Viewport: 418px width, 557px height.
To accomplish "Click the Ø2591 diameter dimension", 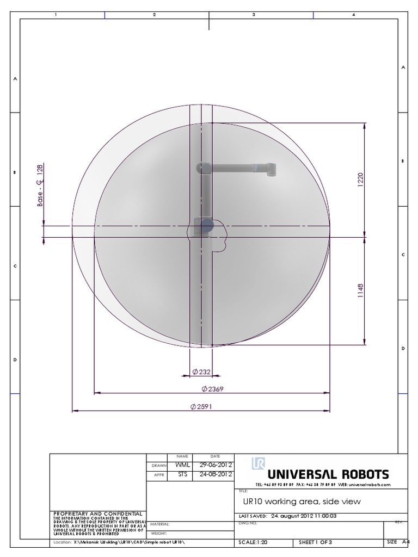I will [x=201, y=407].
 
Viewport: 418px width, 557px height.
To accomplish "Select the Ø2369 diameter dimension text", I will [x=212, y=389].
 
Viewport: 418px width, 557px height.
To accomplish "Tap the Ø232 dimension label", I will [x=201, y=372].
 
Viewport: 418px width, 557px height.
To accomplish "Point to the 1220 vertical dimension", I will [x=360, y=180].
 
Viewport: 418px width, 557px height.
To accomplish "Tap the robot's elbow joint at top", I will [x=203, y=168].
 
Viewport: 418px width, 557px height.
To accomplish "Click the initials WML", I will [x=182, y=465].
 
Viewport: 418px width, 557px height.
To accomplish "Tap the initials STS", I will [x=182, y=474].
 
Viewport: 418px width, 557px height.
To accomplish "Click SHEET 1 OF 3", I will [x=315, y=542].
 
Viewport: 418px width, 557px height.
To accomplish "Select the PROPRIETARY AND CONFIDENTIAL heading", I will [x=97, y=513].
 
